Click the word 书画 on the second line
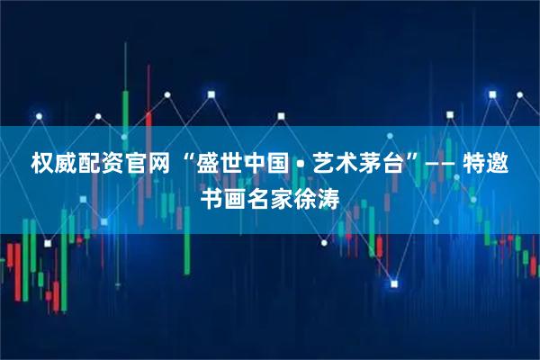point(225,199)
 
